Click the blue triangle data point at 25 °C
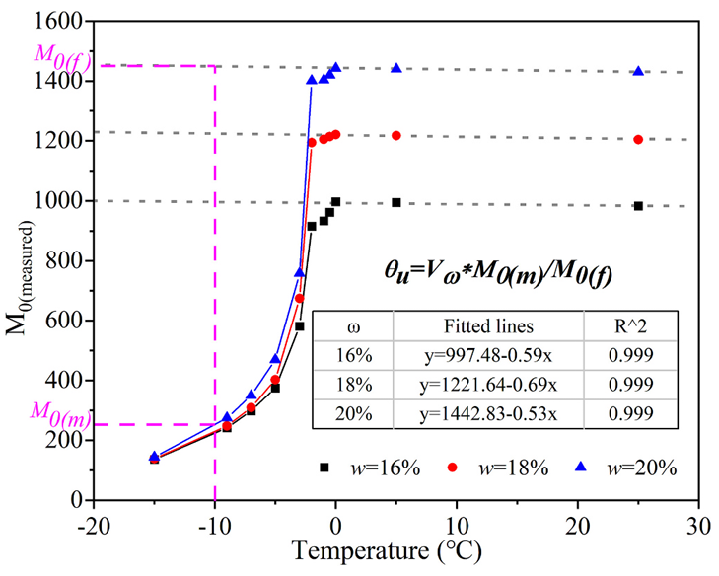tap(638, 71)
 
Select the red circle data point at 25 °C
tap(638, 139)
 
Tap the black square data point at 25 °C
tap(638, 206)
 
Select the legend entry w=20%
tap(632, 468)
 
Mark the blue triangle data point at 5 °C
tap(396, 68)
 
